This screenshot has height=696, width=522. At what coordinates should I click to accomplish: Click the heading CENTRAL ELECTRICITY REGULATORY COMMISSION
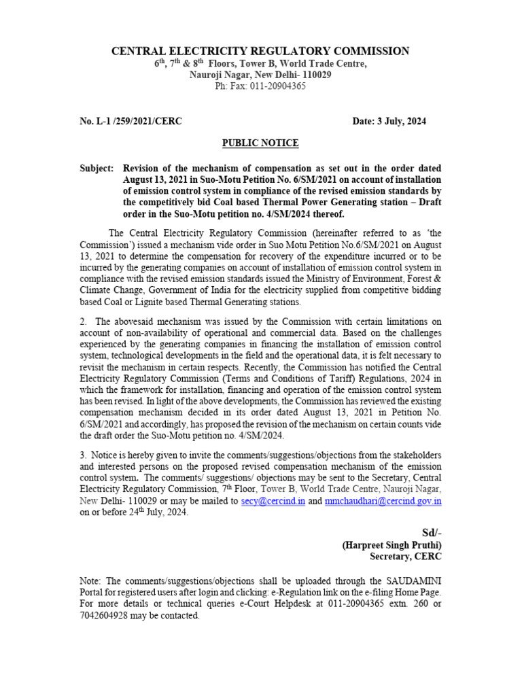(x=260, y=51)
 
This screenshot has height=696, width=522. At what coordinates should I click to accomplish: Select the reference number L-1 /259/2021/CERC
(x=130, y=121)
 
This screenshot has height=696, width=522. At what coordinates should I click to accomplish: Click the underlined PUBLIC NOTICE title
(x=260, y=143)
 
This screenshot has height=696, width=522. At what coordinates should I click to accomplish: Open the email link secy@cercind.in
(x=268, y=501)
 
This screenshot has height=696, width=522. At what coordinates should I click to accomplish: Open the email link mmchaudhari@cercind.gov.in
(x=383, y=501)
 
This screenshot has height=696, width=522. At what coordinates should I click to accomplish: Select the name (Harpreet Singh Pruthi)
(x=391, y=544)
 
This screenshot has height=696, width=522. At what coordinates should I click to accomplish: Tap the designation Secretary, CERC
(x=406, y=556)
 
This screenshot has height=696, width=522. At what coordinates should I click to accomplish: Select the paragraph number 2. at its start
(x=84, y=321)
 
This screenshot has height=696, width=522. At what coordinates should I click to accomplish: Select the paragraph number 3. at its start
(x=84, y=454)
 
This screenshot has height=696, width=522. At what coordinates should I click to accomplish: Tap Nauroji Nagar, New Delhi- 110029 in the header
(x=260, y=75)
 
